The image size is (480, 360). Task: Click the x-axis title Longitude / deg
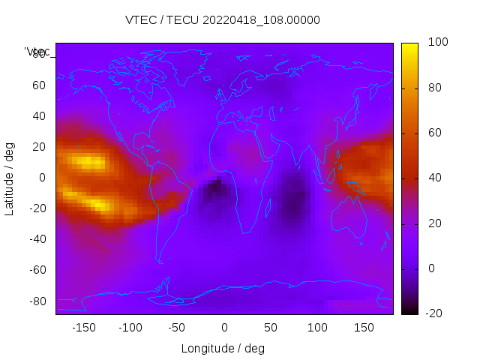point(223,348)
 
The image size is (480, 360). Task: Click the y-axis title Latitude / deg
point(10,178)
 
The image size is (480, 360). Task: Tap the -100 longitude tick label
point(130,328)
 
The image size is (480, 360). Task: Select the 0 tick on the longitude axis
point(223,328)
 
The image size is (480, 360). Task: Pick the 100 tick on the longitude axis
point(317,328)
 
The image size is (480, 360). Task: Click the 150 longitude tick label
point(364,328)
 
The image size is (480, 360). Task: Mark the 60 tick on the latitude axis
point(39,85)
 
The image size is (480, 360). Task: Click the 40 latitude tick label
point(39,116)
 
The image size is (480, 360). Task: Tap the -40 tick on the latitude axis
point(37,239)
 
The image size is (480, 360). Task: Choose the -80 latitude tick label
point(37,301)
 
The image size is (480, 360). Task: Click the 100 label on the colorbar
point(437,43)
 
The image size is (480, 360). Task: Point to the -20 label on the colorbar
point(435,313)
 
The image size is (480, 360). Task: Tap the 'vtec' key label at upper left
point(37,52)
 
